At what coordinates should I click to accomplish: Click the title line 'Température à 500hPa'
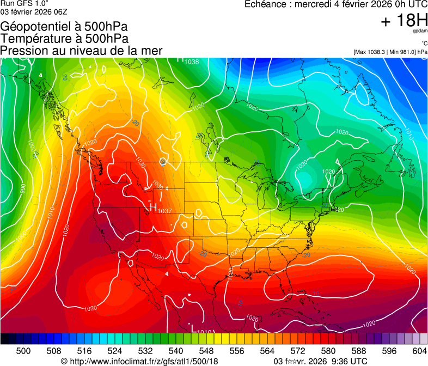point(64,39)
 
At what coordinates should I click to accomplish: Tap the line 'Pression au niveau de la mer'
point(81,51)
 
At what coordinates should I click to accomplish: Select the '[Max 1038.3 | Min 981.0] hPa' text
point(390,52)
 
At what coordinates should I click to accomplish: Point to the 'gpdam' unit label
point(420,32)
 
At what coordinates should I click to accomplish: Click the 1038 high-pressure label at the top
point(191,62)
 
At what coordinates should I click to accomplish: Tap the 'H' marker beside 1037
point(153,207)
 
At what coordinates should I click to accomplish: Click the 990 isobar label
point(22,188)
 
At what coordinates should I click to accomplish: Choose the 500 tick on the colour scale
point(23,350)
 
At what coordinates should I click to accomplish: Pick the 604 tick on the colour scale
point(420,350)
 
